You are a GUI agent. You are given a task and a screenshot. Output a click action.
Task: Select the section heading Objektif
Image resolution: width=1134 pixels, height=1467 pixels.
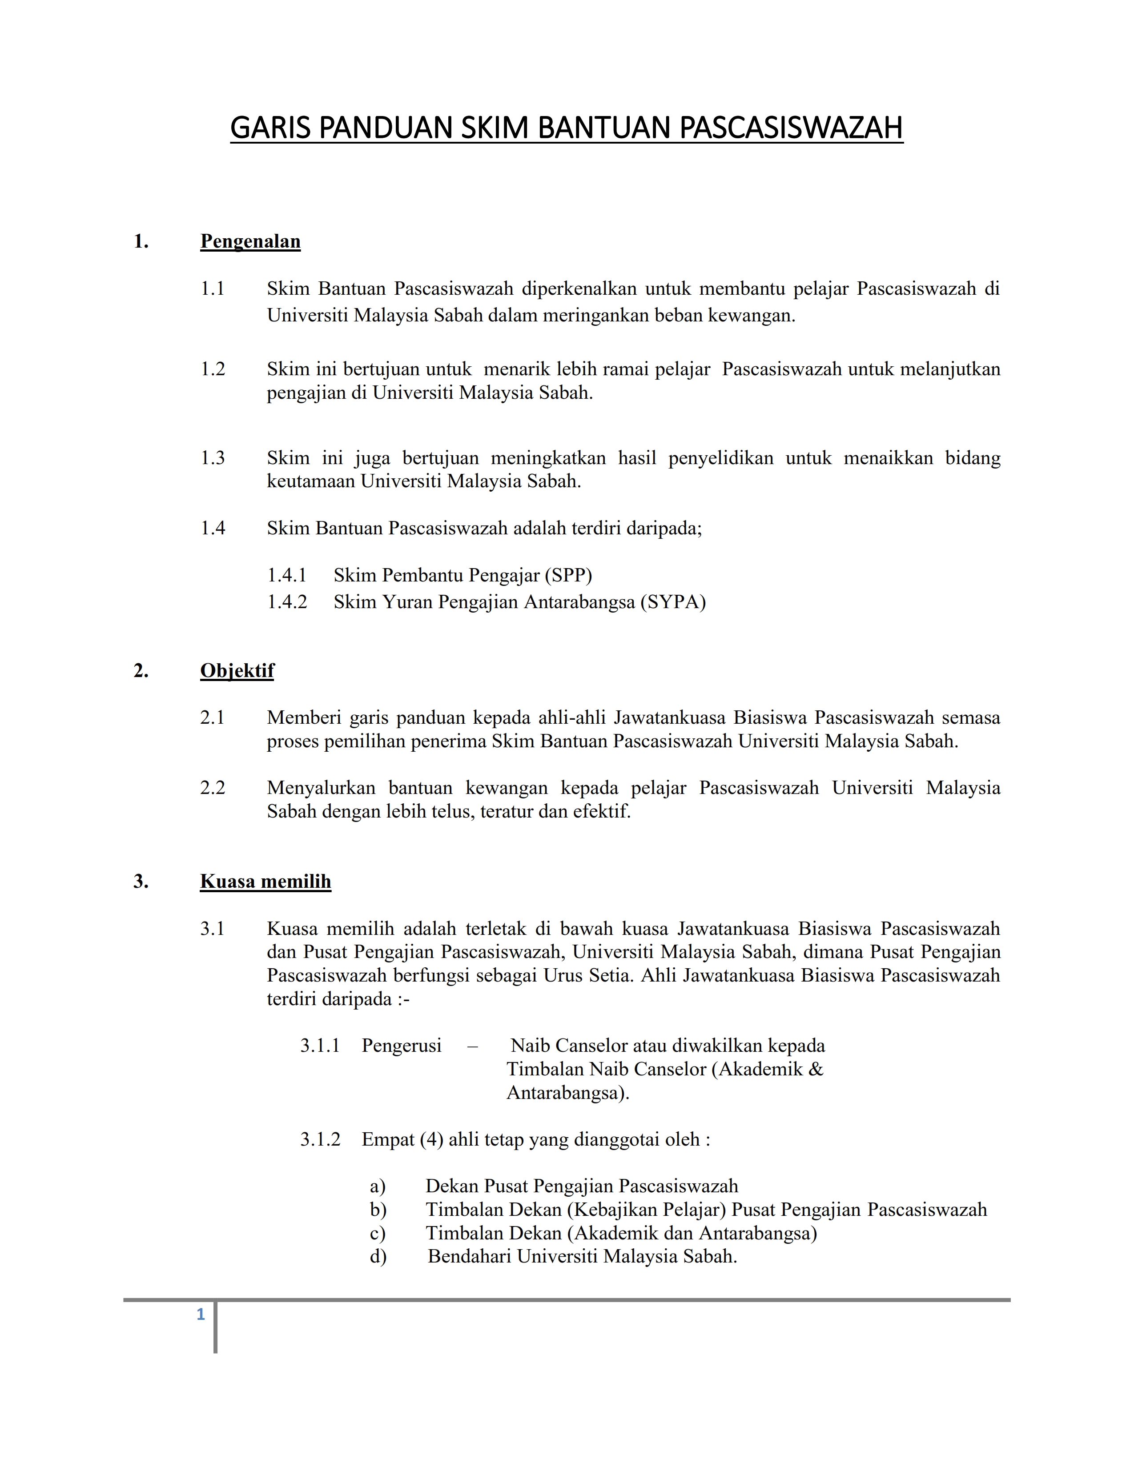pos(237,670)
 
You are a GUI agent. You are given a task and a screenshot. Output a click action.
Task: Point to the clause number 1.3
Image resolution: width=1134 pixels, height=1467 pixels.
pos(212,458)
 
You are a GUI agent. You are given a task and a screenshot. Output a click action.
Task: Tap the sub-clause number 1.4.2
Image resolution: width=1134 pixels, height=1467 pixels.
pos(287,602)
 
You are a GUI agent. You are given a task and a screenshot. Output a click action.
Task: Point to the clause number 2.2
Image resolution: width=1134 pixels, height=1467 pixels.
pos(212,787)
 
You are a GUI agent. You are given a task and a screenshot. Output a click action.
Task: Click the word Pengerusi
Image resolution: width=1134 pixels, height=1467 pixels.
pos(401,1046)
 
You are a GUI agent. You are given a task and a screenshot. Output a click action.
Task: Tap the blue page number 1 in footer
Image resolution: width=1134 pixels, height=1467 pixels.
pos(200,1315)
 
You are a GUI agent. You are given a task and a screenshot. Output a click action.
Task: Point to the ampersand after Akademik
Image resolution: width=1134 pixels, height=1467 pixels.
pos(816,1069)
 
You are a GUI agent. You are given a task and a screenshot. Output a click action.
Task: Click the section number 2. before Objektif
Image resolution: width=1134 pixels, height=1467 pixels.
pos(141,670)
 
